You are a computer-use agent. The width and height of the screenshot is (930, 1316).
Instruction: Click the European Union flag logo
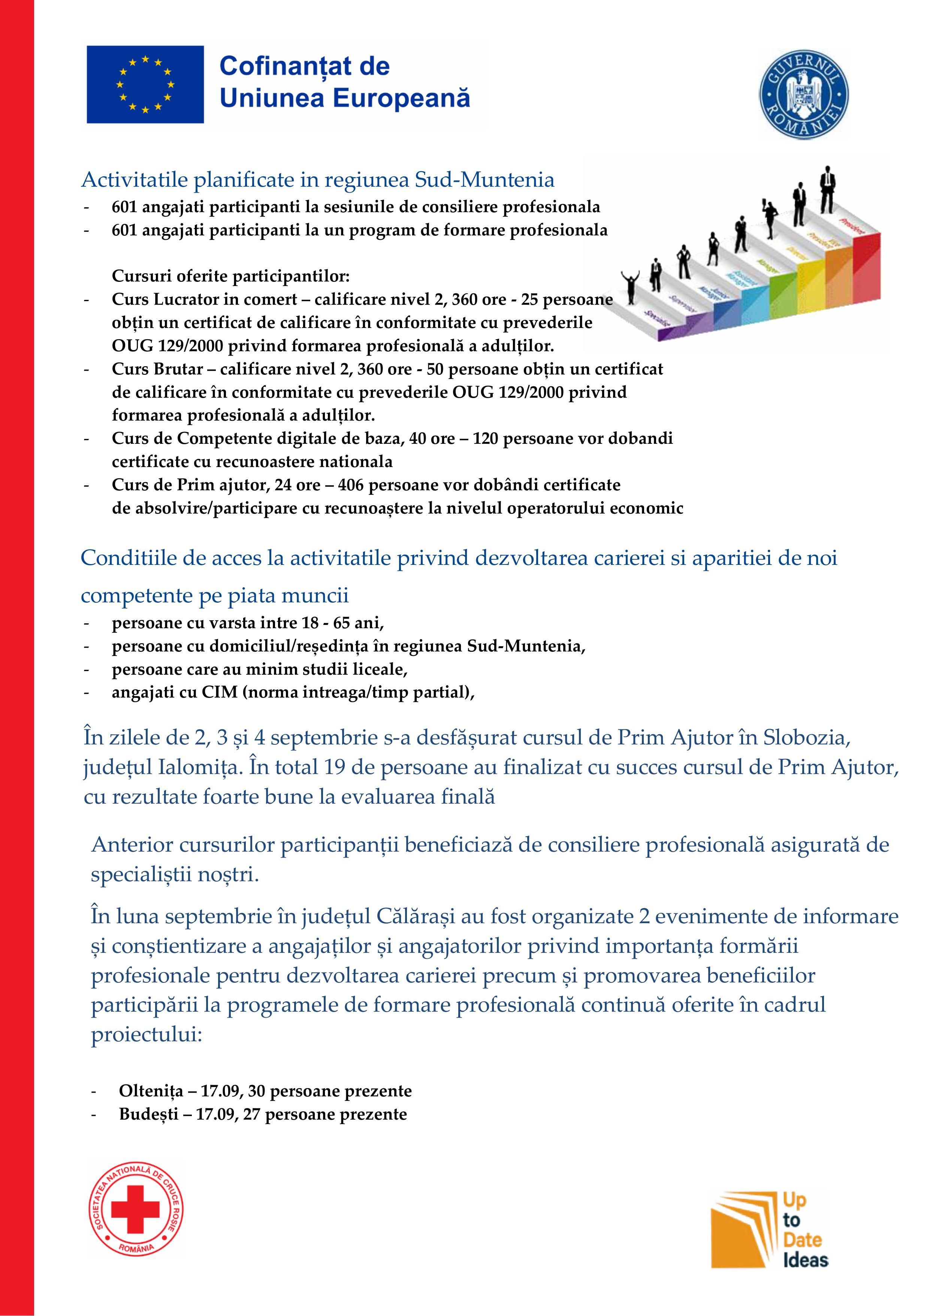[x=145, y=84]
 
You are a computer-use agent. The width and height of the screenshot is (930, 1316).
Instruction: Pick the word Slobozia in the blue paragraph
[x=803, y=737]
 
